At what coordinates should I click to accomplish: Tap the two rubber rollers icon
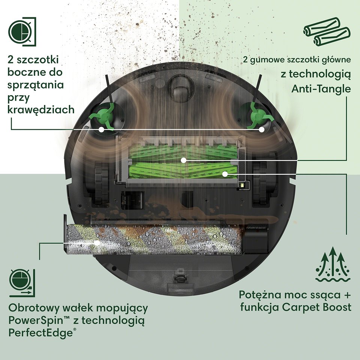tap(327, 31)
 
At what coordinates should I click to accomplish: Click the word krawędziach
tap(41, 110)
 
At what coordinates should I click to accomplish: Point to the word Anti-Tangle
tap(321, 88)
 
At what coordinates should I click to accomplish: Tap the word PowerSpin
tap(36, 320)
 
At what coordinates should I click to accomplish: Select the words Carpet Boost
tap(316, 307)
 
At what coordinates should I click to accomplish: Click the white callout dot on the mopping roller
tap(97, 243)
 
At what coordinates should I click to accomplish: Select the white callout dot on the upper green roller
tap(183, 160)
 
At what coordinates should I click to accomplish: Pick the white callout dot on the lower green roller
tap(225, 174)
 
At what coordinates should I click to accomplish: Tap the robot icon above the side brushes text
tap(22, 31)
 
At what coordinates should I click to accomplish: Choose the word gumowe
tap(267, 60)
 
